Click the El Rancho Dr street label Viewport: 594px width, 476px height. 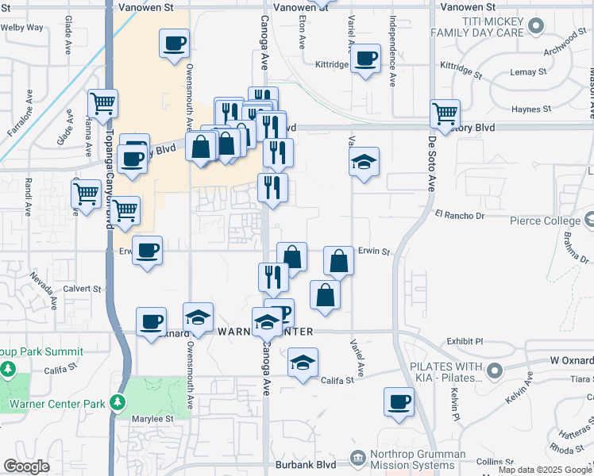(x=459, y=215)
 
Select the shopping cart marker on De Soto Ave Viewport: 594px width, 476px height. (x=445, y=113)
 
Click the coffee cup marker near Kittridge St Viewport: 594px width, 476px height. (x=365, y=58)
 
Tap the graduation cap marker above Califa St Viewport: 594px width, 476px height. (x=303, y=363)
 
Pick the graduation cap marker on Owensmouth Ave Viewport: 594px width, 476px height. (x=198, y=318)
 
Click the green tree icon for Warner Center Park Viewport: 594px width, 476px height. (x=118, y=403)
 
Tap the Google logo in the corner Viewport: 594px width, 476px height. (x=26, y=466)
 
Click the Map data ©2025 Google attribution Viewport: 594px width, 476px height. (x=545, y=470)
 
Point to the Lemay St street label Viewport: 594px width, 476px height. (x=529, y=72)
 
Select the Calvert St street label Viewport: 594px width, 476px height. (x=83, y=289)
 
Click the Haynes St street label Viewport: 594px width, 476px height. (x=531, y=109)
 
